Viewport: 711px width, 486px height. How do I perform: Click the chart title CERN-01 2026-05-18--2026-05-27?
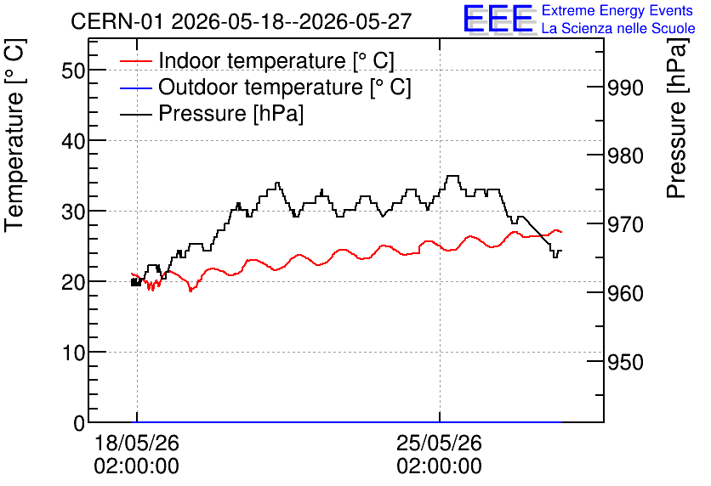(242, 21)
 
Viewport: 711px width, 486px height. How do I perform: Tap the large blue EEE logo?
(498, 19)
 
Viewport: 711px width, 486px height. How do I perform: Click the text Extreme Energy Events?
(617, 10)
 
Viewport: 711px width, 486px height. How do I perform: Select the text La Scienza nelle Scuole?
(618, 28)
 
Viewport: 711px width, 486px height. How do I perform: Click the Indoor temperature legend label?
(276, 60)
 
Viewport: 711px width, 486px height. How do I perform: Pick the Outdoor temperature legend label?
(285, 87)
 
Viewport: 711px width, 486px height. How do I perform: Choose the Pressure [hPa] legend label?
(230, 113)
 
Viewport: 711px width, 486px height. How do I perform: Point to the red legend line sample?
(135, 61)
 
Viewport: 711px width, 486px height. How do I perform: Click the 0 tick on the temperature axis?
(79, 423)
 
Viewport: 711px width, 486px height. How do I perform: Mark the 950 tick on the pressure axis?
(625, 361)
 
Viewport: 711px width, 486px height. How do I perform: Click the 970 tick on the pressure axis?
(625, 224)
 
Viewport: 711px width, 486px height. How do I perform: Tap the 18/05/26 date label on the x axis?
(136, 443)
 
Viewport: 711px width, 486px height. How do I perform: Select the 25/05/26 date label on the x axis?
(439, 443)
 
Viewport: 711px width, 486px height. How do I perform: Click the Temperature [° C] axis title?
(14, 136)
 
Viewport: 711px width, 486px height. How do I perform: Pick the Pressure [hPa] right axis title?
(676, 118)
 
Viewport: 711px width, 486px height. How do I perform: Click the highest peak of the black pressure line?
(452, 176)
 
